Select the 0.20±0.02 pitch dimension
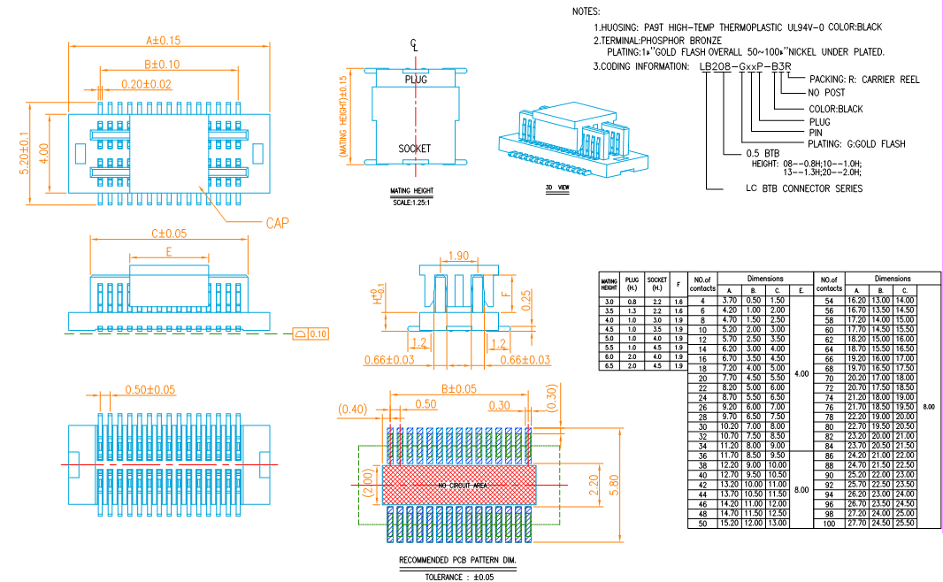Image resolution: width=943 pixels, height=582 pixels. coord(146,84)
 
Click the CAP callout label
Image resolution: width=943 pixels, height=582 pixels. coord(278,223)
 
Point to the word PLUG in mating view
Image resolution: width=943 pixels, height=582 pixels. coord(416,80)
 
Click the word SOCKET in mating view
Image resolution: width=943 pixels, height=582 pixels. coord(414,149)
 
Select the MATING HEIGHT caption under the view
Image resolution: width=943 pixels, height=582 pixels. coord(411,191)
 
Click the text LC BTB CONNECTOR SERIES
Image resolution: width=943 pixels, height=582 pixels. coord(803,188)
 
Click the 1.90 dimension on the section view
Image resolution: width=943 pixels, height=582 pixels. coord(458,256)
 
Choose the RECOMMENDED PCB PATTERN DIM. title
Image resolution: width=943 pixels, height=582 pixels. coord(457,561)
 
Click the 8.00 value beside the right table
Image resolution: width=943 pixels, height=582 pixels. coord(927,407)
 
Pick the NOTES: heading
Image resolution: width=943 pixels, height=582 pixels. coord(586,11)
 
